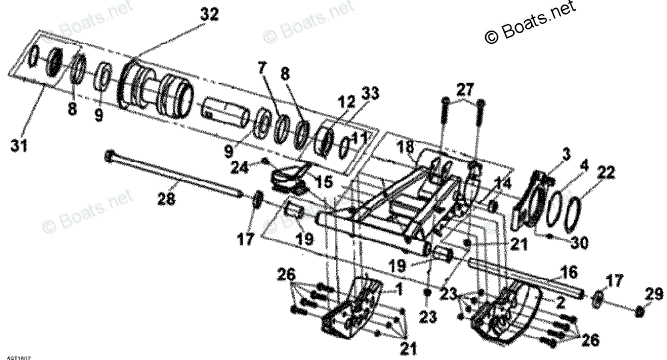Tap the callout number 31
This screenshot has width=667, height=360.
(x=19, y=144)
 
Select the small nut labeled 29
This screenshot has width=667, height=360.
(x=640, y=310)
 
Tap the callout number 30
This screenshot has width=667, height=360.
(x=579, y=243)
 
